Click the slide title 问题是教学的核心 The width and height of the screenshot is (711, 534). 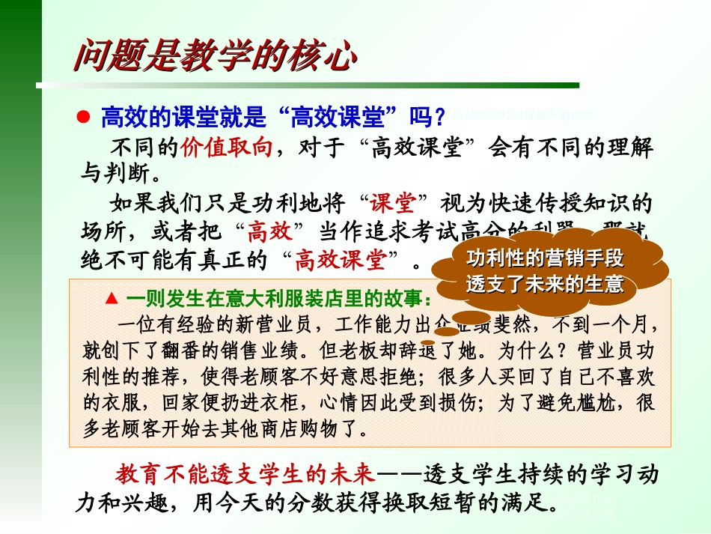click(213, 55)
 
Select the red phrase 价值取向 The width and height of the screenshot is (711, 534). click(226, 146)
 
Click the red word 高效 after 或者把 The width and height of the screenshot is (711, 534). click(269, 231)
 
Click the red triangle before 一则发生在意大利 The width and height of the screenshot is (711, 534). click(112, 298)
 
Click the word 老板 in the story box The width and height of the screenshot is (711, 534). click(345, 350)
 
